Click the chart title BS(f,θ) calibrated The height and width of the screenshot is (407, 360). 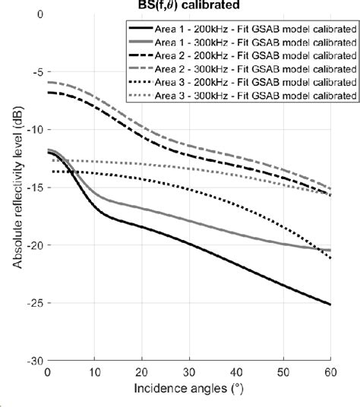pyautogui.click(x=189, y=5)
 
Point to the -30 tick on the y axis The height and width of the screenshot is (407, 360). pyautogui.click(x=35, y=361)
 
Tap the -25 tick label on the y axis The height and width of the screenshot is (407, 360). pyautogui.click(x=35, y=304)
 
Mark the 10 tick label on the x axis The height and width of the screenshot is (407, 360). pyautogui.click(x=94, y=372)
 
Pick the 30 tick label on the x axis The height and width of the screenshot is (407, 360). pyautogui.click(x=189, y=372)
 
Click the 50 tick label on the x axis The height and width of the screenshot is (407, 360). pyautogui.click(x=283, y=372)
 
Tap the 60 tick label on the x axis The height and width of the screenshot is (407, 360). pyautogui.click(x=330, y=372)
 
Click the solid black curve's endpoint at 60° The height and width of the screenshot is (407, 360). pyautogui.click(x=330, y=304)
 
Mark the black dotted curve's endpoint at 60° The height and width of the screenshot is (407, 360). pyautogui.click(x=330, y=259)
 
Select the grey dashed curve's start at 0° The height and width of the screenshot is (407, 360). pyautogui.click(x=48, y=82)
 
